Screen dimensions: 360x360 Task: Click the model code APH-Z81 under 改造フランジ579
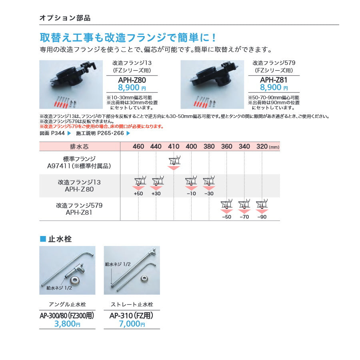[274, 80]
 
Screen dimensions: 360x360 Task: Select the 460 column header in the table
[138, 146]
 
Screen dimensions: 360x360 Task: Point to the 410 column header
[174, 146]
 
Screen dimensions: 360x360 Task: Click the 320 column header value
[262, 146]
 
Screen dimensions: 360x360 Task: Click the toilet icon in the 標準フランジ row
[174, 161]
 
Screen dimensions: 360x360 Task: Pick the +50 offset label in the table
[138, 194]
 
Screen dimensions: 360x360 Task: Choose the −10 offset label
[191, 194]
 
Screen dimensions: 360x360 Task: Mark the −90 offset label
[262, 217]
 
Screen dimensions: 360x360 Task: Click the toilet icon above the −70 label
[244, 204]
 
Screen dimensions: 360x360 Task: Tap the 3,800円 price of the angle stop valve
[67, 324]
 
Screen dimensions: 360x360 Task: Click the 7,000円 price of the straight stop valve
[132, 324]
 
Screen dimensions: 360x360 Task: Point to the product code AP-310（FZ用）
[132, 315]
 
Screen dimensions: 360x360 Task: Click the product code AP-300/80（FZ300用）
[67, 315]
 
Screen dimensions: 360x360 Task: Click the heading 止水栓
[60, 239]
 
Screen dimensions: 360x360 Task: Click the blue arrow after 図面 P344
[68, 133]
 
